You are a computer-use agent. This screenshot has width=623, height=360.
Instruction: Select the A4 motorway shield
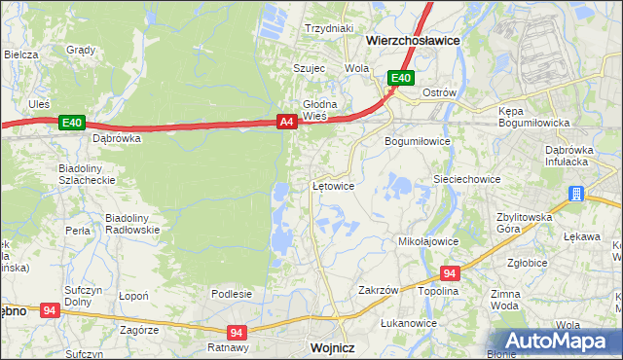tap(286, 122)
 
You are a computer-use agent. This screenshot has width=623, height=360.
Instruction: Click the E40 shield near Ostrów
tap(401, 79)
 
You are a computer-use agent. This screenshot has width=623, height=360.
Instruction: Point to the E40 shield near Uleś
tap(71, 123)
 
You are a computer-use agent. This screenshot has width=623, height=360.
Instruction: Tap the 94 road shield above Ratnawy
tap(236, 332)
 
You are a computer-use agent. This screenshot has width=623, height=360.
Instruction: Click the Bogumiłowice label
tap(417, 141)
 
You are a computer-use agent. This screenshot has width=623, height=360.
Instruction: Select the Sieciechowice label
tap(466, 180)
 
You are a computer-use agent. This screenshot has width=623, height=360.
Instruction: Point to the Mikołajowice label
tap(428, 240)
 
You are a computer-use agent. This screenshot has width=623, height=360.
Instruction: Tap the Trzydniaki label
tap(328, 28)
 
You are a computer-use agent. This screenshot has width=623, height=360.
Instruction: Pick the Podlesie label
tap(232, 293)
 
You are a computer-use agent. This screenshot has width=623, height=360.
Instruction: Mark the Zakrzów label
tap(379, 290)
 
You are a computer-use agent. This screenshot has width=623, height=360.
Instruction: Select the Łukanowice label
tap(408, 323)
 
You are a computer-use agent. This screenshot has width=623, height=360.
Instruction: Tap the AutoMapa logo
tap(559, 342)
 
